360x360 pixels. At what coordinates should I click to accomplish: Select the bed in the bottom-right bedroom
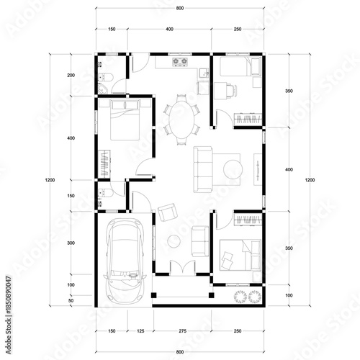coord(240,252)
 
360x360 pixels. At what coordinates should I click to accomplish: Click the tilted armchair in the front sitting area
coord(168,211)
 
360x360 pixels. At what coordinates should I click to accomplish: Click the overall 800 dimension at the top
coord(179,7)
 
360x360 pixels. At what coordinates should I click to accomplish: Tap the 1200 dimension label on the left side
coord(48,180)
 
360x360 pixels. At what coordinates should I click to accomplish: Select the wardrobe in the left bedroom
coord(105,162)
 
